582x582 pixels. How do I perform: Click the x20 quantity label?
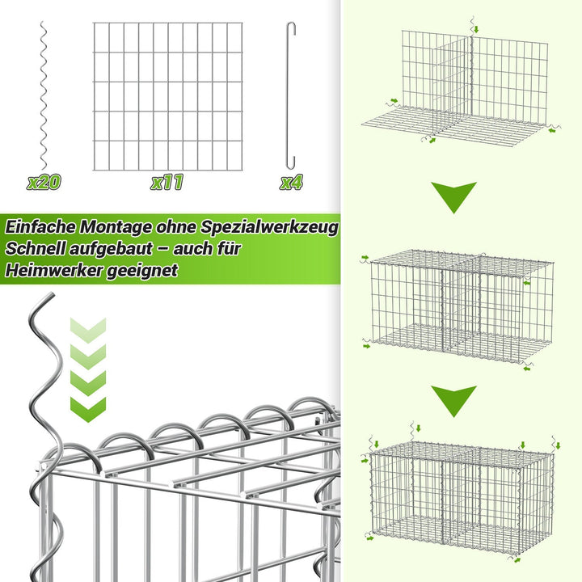click(44, 182)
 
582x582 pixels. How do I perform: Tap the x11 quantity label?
click(167, 182)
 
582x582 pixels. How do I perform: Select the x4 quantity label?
click(291, 182)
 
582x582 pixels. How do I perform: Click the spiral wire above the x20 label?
click(44, 95)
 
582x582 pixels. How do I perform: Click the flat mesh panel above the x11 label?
click(168, 96)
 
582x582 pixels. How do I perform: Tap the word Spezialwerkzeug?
click(269, 227)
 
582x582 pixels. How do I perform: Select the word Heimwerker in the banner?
click(54, 270)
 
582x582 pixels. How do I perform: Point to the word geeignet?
click(142, 271)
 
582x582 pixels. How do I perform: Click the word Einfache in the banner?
click(40, 227)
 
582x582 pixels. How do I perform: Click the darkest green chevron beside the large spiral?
click(88, 410)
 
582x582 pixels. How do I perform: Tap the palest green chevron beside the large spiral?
click(88, 331)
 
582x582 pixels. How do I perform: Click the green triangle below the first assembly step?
click(453, 196)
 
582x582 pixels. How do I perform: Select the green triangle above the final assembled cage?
click(453, 400)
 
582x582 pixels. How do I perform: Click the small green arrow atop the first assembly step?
click(476, 29)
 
